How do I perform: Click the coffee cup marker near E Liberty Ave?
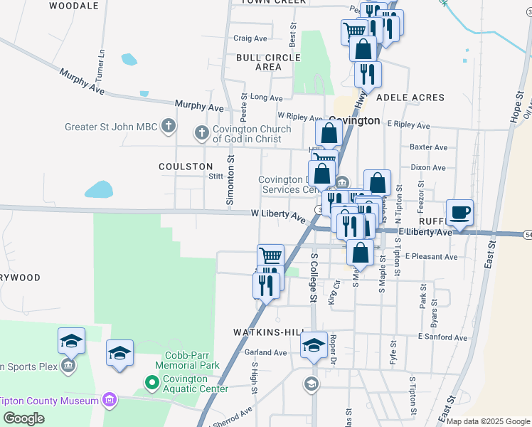tap(460, 212)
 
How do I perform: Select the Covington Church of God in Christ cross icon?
tap(202, 133)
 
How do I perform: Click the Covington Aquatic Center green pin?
tap(151, 384)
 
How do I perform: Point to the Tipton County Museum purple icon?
tap(109, 401)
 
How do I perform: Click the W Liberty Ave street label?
tap(277, 214)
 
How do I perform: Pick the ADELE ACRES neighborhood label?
tap(410, 97)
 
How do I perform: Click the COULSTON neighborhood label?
tap(186, 166)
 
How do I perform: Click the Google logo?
tap(23, 418)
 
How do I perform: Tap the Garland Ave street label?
tap(265, 352)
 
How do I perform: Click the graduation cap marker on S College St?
tap(314, 345)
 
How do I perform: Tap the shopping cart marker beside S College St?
tap(270, 256)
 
